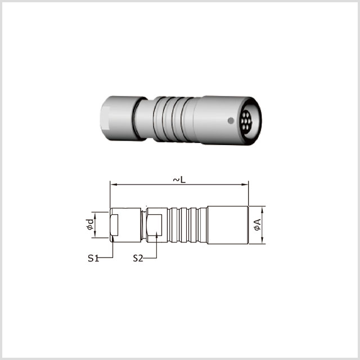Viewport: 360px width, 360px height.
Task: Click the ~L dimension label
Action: click(x=179, y=180)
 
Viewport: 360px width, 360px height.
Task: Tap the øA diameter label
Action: click(x=258, y=225)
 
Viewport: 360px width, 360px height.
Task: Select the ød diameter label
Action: click(x=90, y=224)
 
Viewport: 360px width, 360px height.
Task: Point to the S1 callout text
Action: click(x=93, y=258)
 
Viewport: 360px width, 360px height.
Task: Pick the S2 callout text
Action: click(x=138, y=258)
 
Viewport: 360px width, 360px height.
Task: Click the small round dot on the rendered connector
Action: click(x=231, y=120)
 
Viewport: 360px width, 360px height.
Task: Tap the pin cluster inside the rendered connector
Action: click(x=246, y=120)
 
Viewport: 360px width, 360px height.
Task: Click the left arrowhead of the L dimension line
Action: click(x=114, y=184)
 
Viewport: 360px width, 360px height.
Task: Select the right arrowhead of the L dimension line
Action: click(x=245, y=184)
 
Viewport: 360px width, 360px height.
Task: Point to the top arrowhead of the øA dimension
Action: click(x=262, y=209)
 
